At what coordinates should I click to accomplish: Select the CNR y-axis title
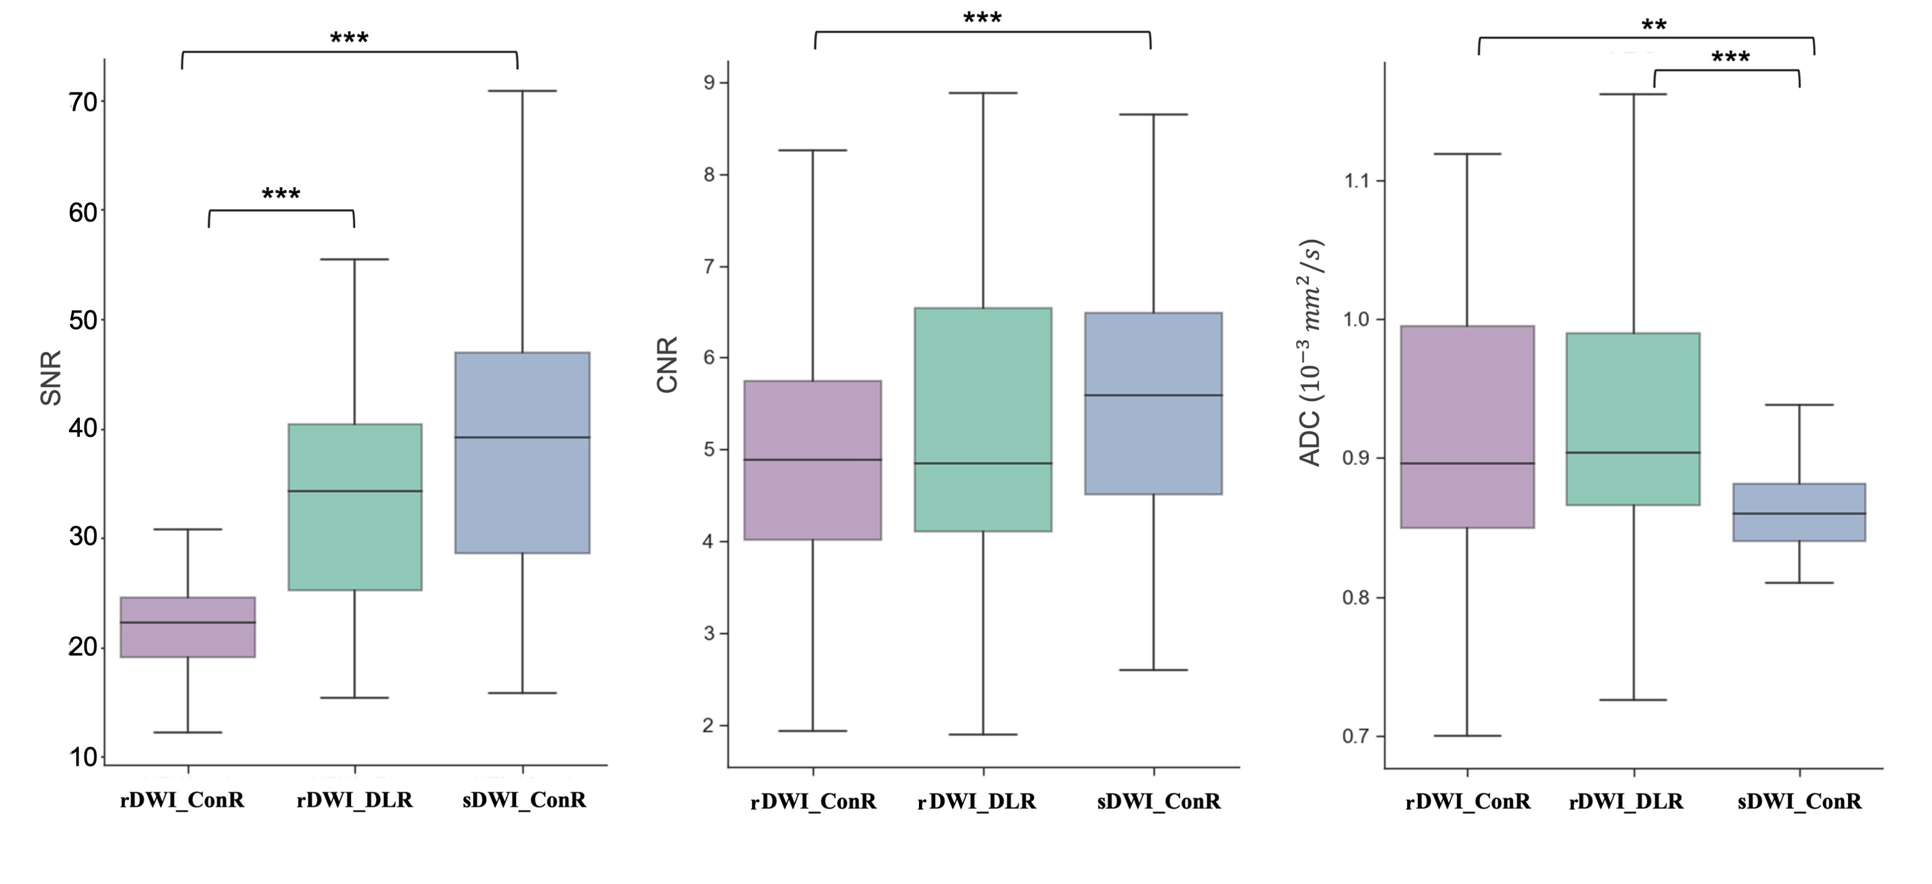(x=667, y=365)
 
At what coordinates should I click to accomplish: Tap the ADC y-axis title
(x=1312, y=352)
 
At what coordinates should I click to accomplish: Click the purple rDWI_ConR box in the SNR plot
(x=187, y=627)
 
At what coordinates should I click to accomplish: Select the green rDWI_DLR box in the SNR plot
(x=355, y=507)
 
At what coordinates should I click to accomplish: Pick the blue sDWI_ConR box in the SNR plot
(x=523, y=452)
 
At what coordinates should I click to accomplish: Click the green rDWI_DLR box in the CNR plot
(x=983, y=419)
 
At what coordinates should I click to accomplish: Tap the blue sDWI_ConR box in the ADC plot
(x=1799, y=512)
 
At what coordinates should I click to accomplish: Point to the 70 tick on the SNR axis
(x=84, y=102)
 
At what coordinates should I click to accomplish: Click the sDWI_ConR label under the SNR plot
(x=524, y=800)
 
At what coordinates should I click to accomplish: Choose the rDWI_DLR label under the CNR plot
(x=976, y=801)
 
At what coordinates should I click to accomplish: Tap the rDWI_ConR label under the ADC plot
(x=1468, y=801)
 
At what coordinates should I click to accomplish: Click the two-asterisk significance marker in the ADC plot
(x=1654, y=25)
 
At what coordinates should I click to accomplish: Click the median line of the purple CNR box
(x=813, y=460)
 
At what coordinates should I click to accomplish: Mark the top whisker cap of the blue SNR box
(x=523, y=91)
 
